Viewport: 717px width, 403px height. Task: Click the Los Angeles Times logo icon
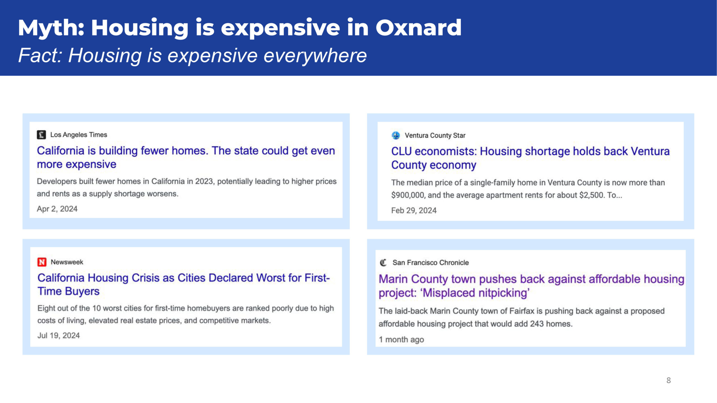click(x=41, y=135)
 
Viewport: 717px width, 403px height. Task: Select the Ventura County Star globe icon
click(x=396, y=135)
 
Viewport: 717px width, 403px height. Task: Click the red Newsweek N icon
click(x=42, y=262)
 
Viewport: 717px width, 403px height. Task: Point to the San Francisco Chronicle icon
click(x=383, y=263)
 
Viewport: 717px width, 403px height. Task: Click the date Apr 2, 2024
click(x=57, y=209)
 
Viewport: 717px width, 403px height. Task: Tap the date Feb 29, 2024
click(x=414, y=210)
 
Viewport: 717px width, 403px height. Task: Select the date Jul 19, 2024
click(x=59, y=335)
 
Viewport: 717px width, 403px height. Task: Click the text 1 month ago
click(x=401, y=339)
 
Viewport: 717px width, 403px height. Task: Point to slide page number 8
click(x=669, y=380)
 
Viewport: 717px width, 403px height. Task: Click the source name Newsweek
click(x=67, y=262)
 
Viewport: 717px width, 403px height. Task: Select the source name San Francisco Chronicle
click(x=430, y=263)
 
